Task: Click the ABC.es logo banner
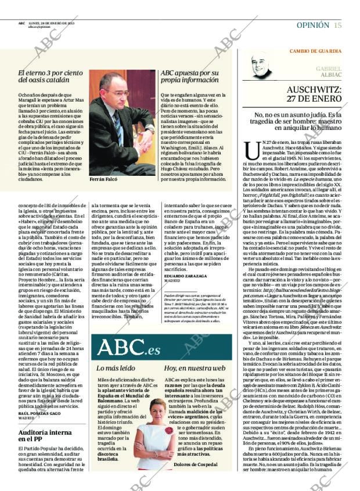pos(128,348)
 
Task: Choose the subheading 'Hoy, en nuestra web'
pos(194,368)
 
